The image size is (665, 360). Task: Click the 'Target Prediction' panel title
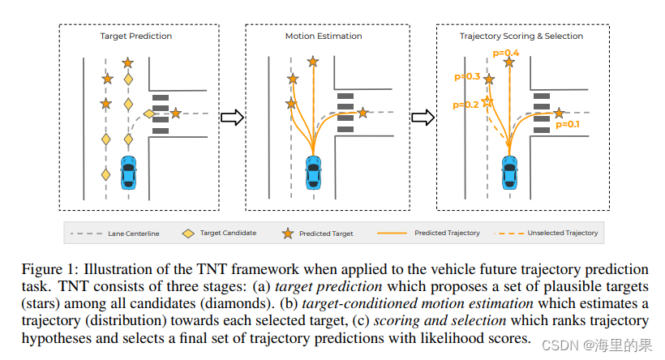pyautogui.click(x=135, y=36)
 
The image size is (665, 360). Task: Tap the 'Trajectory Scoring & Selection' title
pyautogui.click(x=521, y=36)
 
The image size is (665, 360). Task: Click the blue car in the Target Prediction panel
pyautogui.click(x=128, y=171)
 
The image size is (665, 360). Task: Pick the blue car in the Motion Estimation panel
pyautogui.click(x=314, y=171)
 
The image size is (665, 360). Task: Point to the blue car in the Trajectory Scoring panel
pyautogui.click(x=509, y=171)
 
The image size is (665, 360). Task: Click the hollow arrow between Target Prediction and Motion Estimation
pyautogui.click(x=232, y=118)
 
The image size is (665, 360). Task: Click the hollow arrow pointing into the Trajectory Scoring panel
pyautogui.click(x=422, y=118)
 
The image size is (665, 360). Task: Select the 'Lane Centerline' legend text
pyautogui.click(x=133, y=234)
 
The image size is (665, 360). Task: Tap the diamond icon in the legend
pyautogui.click(x=187, y=234)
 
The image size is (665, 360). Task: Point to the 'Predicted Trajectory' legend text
pyautogui.click(x=447, y=234)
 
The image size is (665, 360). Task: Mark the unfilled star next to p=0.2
pyautogui.click(x=487, y=102)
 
